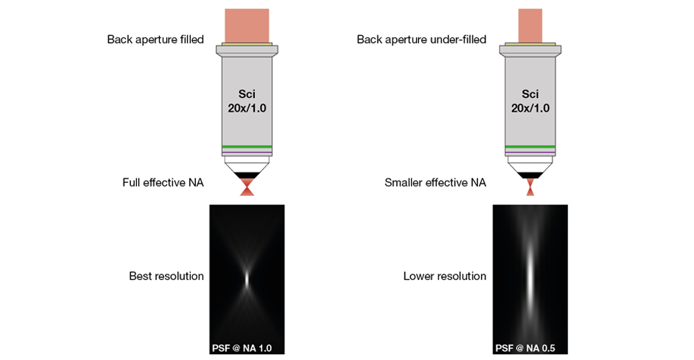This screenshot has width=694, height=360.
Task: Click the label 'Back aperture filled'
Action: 155,39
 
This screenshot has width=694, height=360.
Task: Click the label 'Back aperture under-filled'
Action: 421,39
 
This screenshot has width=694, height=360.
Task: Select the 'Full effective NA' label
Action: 163,183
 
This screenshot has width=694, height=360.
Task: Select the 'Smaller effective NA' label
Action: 436,183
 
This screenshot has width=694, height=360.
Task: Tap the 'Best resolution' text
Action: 166,276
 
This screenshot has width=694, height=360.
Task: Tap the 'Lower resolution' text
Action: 445,276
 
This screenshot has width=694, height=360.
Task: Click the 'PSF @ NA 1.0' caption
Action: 241,348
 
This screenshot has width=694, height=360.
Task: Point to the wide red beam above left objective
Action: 247,26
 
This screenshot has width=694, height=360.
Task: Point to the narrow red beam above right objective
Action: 530,26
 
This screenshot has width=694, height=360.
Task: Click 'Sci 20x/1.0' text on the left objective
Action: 247,102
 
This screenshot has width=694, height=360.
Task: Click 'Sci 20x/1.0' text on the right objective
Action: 530,102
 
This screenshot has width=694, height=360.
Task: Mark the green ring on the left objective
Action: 247,147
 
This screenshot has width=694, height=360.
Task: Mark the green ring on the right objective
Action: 530,147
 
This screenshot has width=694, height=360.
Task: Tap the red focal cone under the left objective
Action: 247,188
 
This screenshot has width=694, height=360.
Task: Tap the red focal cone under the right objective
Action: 530,189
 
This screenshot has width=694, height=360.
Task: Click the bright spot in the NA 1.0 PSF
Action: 247,277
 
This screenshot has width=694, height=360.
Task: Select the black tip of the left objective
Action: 247,175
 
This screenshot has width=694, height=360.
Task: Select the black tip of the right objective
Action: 530,175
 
